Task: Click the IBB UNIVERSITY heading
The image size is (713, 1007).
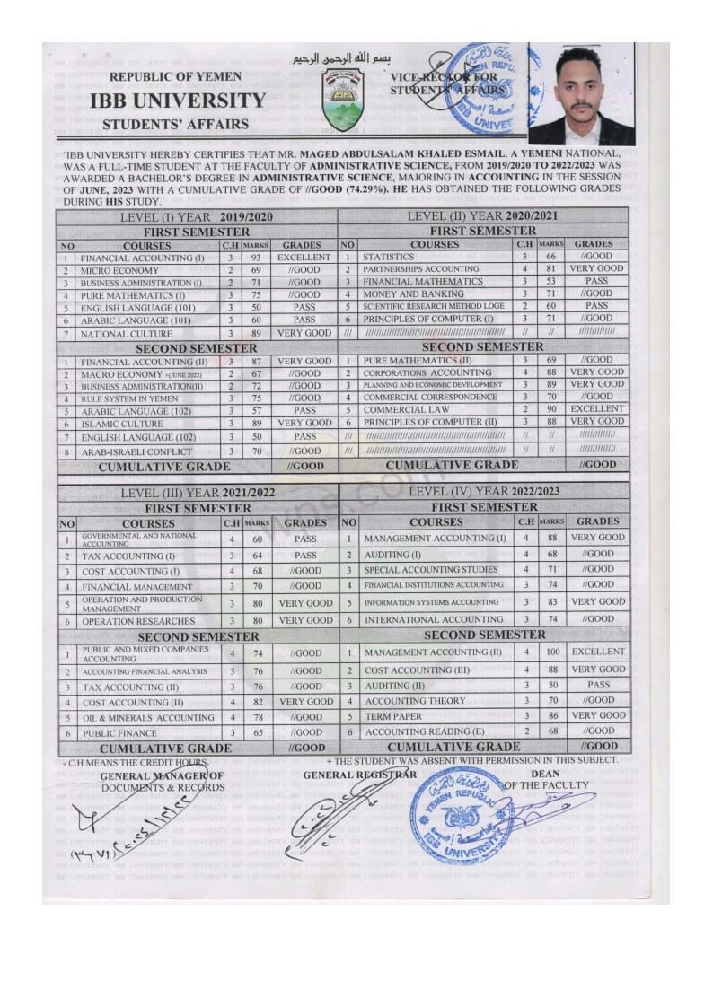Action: pyautogui.click(x=178, y=100)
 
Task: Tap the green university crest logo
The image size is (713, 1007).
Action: pyautogui.click(x=342, y=99)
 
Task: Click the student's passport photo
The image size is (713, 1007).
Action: pyautogui.click(x=581, y=94)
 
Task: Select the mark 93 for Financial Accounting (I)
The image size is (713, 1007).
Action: pyautogui.click(x=256, y=258)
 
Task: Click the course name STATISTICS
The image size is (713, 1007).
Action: pyautogui.click(x=389, y=257)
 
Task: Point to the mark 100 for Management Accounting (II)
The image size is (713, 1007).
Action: pyautogui.click(x=550, y=652)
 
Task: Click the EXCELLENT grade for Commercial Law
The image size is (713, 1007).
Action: pyautogui.click(x=597, y=409)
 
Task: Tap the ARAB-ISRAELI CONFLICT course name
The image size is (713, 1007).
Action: pyautogui.click(x=136, y=451)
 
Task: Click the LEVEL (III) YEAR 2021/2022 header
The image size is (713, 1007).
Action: pyautogui.click(x=198, y=493)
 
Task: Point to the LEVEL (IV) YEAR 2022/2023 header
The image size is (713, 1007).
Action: pyautogui.click(x=483, y=491)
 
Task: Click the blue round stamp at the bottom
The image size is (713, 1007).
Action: pyautogui.click(x=462, y=817)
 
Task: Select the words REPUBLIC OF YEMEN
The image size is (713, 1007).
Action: pyautogui.click(x=175, y=78)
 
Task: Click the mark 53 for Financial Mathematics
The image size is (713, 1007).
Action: pyautogui.click(x=550, y=281)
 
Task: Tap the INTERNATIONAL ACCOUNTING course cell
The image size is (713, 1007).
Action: pyautogui.click(x=433, y=619)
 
